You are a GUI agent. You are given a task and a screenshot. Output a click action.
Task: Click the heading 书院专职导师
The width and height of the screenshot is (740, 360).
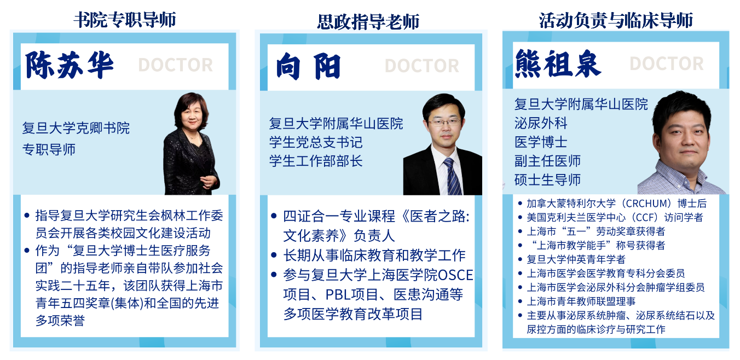tap(125, 20)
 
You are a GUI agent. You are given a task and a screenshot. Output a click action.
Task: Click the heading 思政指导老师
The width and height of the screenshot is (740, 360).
tap(368, 22)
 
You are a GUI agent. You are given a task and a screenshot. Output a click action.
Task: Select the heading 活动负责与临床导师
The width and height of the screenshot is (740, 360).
tap(616, 20)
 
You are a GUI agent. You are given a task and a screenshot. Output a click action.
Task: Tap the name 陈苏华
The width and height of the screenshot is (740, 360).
tap(70, 65)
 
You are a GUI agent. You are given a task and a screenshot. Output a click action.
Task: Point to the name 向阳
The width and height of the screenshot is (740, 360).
tap(308, 67)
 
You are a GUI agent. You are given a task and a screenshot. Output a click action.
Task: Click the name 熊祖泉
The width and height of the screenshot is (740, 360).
tap(558, 63)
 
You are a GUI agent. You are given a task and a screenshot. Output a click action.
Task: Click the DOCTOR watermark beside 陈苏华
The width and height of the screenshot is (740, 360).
tap(175, 65)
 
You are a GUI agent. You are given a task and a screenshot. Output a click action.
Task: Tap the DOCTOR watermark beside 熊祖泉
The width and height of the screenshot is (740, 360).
tap(667, 63)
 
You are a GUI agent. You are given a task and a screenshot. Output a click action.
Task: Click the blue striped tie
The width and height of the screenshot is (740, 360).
tap(452, 176)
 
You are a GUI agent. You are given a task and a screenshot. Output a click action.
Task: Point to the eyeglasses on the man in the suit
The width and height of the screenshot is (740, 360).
tap(444, 123)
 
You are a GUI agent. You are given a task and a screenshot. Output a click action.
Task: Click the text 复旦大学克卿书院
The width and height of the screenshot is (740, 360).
tap(76, 128)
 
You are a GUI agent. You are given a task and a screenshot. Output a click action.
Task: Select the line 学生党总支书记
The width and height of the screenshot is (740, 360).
tap(316, 142)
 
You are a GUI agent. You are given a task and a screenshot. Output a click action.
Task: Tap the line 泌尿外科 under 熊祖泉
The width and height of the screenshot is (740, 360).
tap(541, 123)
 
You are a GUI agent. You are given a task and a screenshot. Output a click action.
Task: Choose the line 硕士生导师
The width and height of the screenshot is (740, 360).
tap(547, 180)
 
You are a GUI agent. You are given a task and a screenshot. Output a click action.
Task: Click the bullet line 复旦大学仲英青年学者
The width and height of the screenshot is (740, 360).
tap(576, 259)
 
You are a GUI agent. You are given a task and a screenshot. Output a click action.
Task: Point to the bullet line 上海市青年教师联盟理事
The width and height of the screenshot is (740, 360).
tap(581, 301)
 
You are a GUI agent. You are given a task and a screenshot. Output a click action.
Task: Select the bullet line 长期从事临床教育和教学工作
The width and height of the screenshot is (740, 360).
tap(374, 256)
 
